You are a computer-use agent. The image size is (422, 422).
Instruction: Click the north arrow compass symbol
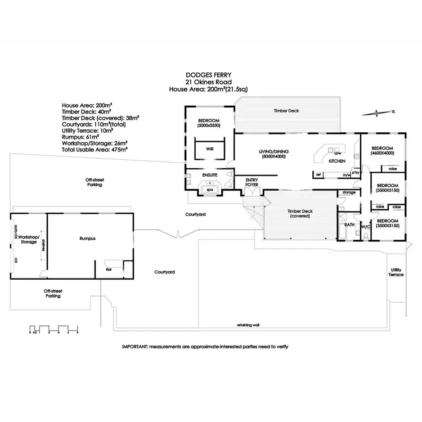(x=379, y=113)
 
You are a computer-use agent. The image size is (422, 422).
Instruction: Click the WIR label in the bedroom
(x=209, y=150)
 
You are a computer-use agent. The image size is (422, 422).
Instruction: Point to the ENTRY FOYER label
(x=252, y=182)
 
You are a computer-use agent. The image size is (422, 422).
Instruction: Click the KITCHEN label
(x=337, y=161)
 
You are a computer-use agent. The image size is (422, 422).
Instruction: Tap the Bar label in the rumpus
(x=109, y=270)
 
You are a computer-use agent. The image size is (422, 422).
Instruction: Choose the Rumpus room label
(x=87, y=238)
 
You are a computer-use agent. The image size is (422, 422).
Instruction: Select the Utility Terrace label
(x=396, y=272)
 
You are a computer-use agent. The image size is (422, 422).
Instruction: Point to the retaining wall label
(x=248, y=325)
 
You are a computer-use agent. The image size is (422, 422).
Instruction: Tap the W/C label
(x=365, y=227)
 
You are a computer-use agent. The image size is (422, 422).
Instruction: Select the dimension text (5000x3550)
(x=209, y=125)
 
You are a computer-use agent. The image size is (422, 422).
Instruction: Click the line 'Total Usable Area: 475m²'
(x=95, y=150)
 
